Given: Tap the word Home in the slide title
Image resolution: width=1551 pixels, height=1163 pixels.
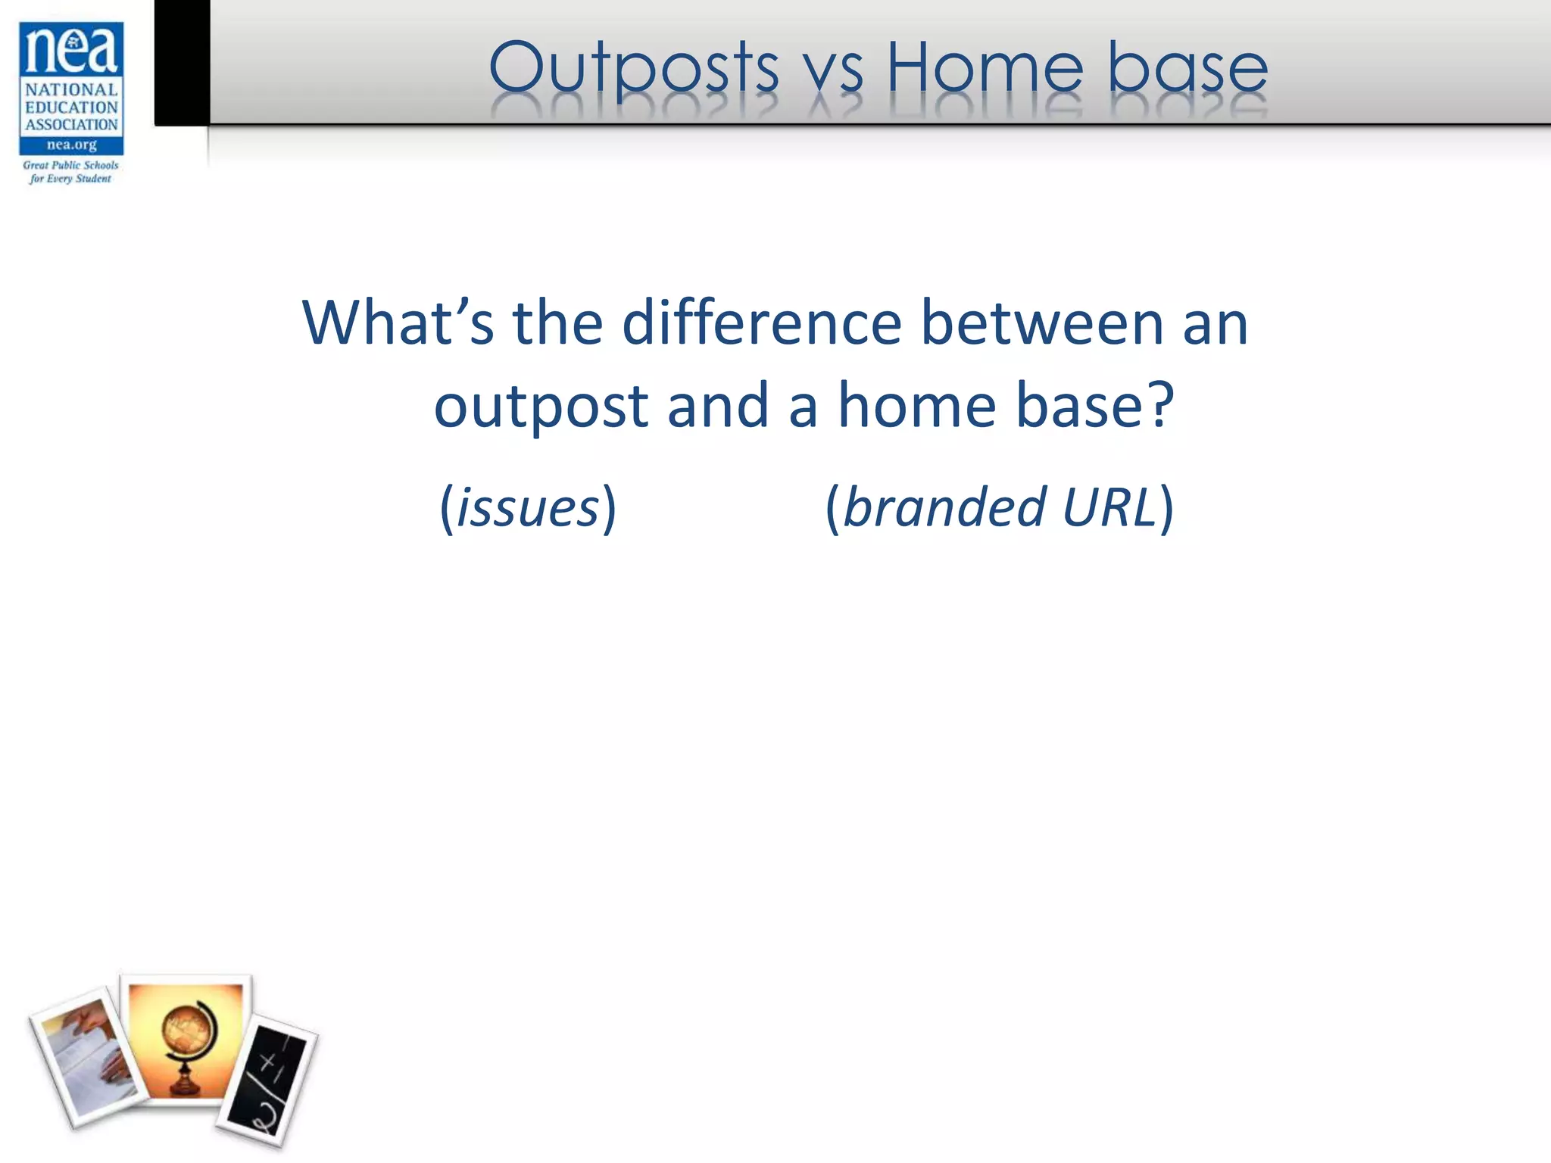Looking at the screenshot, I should [985, 68].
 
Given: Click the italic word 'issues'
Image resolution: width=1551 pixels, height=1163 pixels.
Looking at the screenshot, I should [528, 508].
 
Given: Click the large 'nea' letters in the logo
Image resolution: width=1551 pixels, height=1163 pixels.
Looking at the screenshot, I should [71, 50].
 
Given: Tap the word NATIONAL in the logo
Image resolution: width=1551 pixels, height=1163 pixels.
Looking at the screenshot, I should [71, 90].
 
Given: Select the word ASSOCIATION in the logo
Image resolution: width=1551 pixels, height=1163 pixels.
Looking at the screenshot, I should [71, 125].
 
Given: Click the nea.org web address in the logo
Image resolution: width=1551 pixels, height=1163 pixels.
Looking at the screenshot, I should [71, 145].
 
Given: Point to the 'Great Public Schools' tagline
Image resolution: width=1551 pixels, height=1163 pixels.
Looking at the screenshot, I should [70, 165].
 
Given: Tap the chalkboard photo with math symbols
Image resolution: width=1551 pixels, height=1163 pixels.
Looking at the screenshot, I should [267, 1079].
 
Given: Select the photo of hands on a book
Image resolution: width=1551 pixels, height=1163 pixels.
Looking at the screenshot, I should [88, 1056].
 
